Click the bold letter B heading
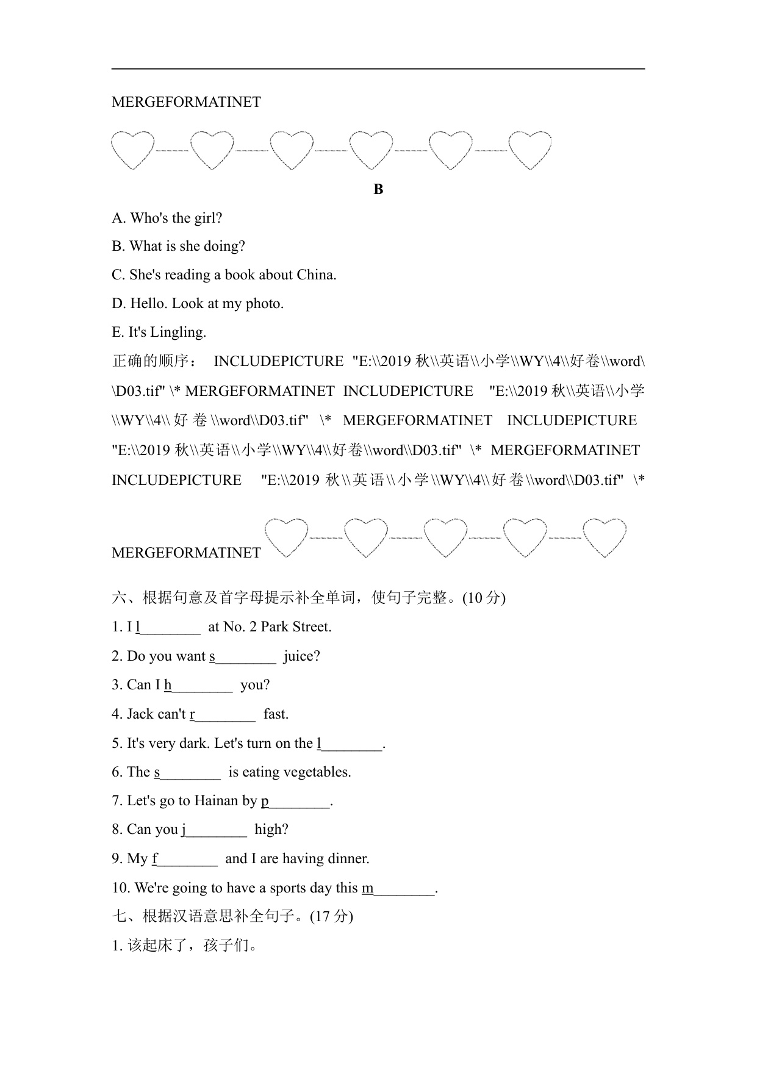click(x=378, y=189)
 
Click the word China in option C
click(x=315, y=275)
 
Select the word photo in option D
click(x=262, y=304)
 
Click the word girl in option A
click(x=207, y=218)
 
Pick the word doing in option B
click(x=223, y=246)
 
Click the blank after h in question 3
click(x=202, y=686)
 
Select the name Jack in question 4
click(x=141, y=714)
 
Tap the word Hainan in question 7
click(x=217, y=801)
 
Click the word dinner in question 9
click(x=348, y=859)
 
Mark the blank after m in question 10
click(x=404, y=888)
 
